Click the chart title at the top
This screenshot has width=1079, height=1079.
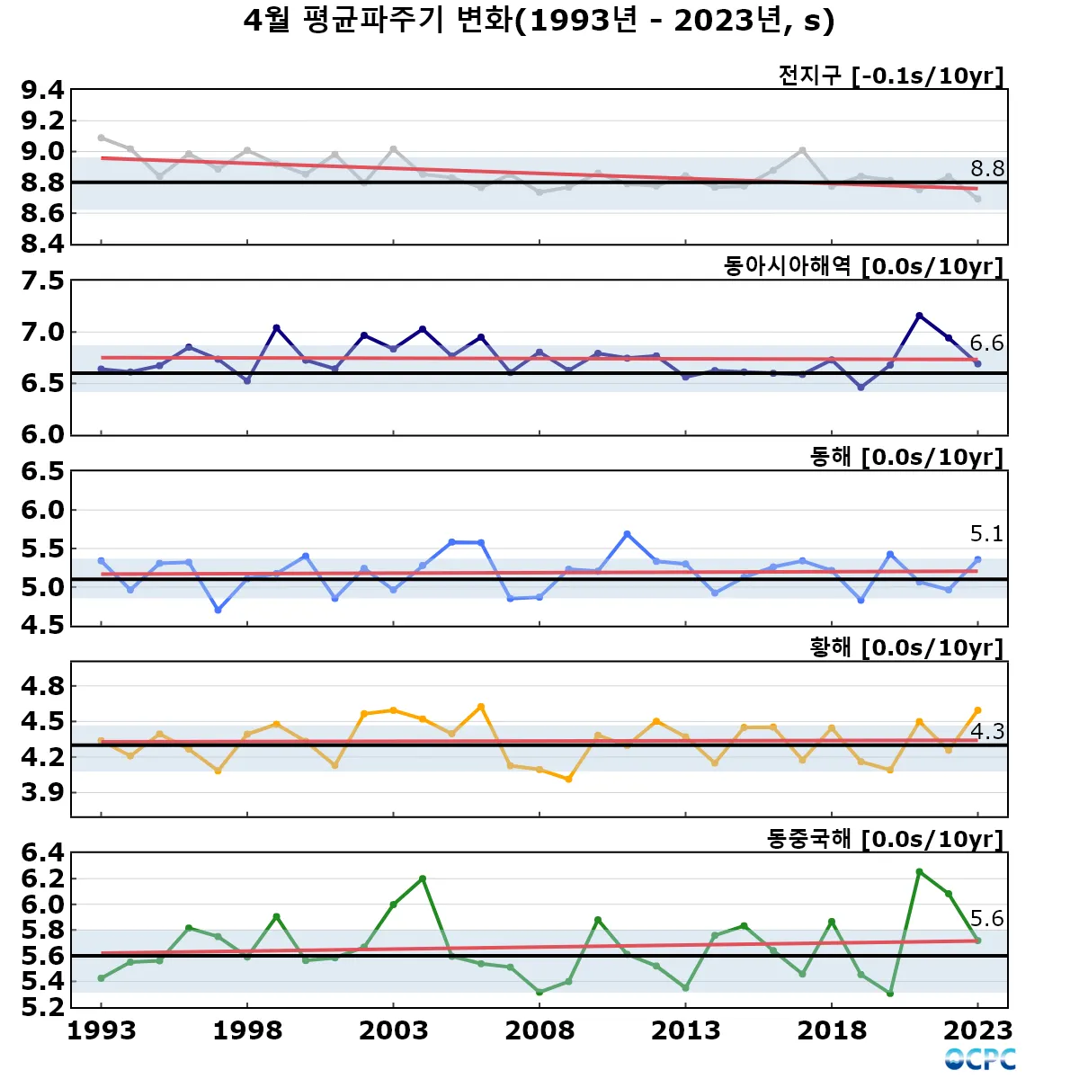click(x=539, y=21)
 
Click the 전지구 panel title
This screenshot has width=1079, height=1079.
click(x=890, y=76)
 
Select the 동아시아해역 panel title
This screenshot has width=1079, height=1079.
click(x=863, y=266)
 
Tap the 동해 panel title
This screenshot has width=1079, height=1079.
click(x=906, y=457)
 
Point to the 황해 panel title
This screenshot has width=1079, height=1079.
click(x=906, y=647)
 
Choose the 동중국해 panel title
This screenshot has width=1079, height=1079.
click(x=885, y=839)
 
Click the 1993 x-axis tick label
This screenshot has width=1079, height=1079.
click(x=102, y=1030)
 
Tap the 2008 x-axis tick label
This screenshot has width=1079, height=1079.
click(x=539, y=1030)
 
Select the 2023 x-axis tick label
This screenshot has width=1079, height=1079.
click(x=978, y=1030)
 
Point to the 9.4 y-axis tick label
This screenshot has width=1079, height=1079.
click(x=43, y=90)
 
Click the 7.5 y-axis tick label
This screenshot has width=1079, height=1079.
click(x=43, y=281)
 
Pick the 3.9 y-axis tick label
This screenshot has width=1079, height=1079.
click(x=43, y=792)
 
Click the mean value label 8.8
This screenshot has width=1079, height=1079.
click(x=986, y=168)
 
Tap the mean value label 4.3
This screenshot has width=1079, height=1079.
click(x=986, y=731)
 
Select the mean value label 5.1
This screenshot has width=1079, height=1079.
click(x=986, y=534)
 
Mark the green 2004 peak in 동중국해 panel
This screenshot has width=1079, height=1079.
click(x=423, y=878)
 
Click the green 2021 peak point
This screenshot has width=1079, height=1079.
click(x=919, y=871)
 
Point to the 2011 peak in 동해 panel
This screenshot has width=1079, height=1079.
click(x=628, y=534)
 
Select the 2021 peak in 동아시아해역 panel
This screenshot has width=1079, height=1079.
click(x=919, y=316)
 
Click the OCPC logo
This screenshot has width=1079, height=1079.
click(x=980, y=1059)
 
